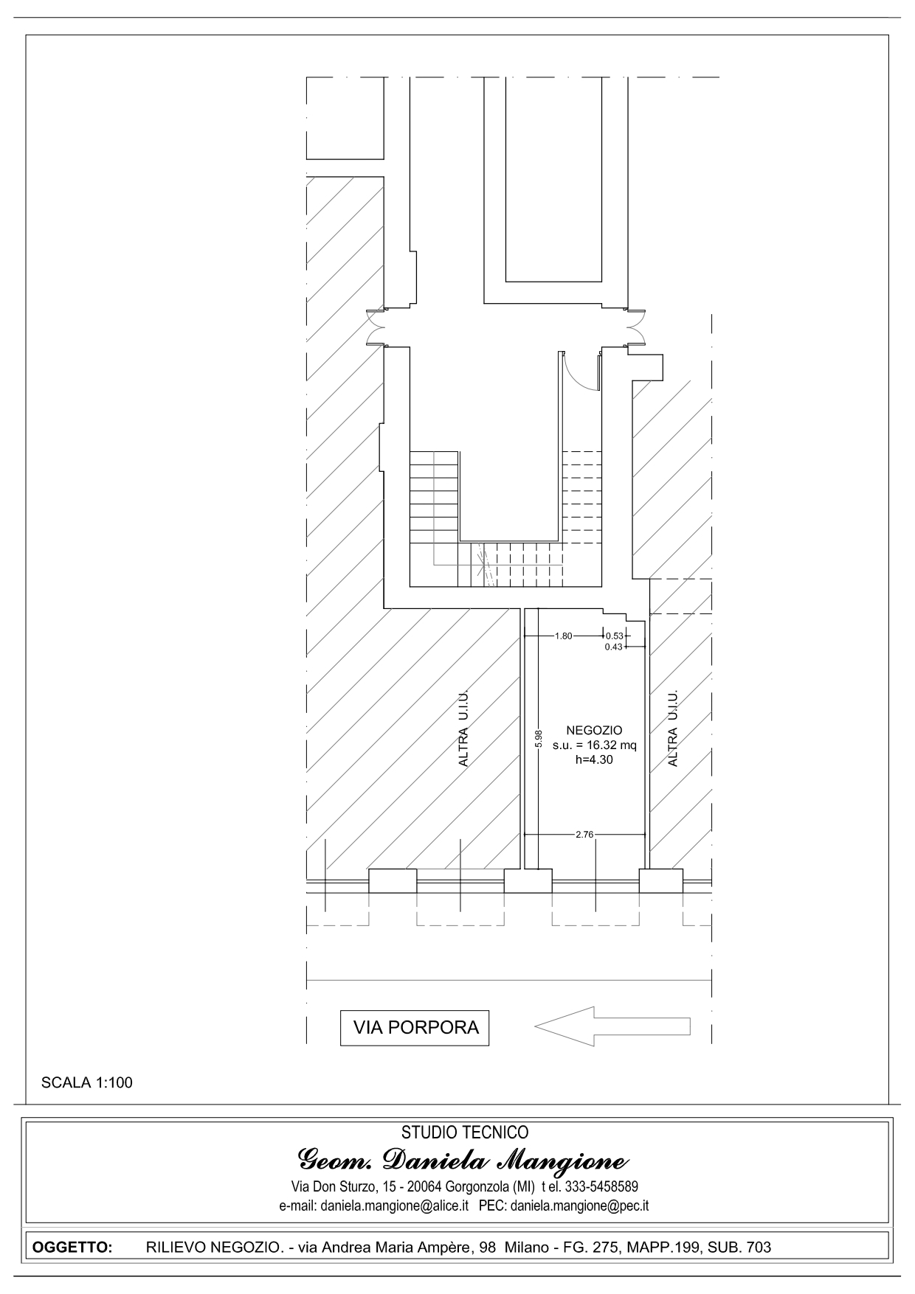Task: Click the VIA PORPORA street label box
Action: click(415, 1027)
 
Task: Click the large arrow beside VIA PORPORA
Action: click(612, 1026)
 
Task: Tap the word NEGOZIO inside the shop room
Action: click(594, 730)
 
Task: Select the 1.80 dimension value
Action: click(563, 636)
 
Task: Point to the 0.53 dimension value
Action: click(614, 636)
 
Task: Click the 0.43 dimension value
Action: click(614, 647)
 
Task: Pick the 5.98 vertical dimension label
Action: click(539, 739)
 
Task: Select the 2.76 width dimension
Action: click(584, 835)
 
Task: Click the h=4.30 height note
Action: click(594, 759)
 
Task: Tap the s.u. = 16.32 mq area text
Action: click(594, 745)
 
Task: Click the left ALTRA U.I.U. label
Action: click(463, 728)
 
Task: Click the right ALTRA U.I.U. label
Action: click(672, 728)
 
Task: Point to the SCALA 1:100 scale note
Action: click(87, 1083)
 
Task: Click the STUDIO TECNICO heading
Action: click(465, 1132)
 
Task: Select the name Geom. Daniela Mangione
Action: click(463, 1161)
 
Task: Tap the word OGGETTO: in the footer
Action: click(72, 1248)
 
